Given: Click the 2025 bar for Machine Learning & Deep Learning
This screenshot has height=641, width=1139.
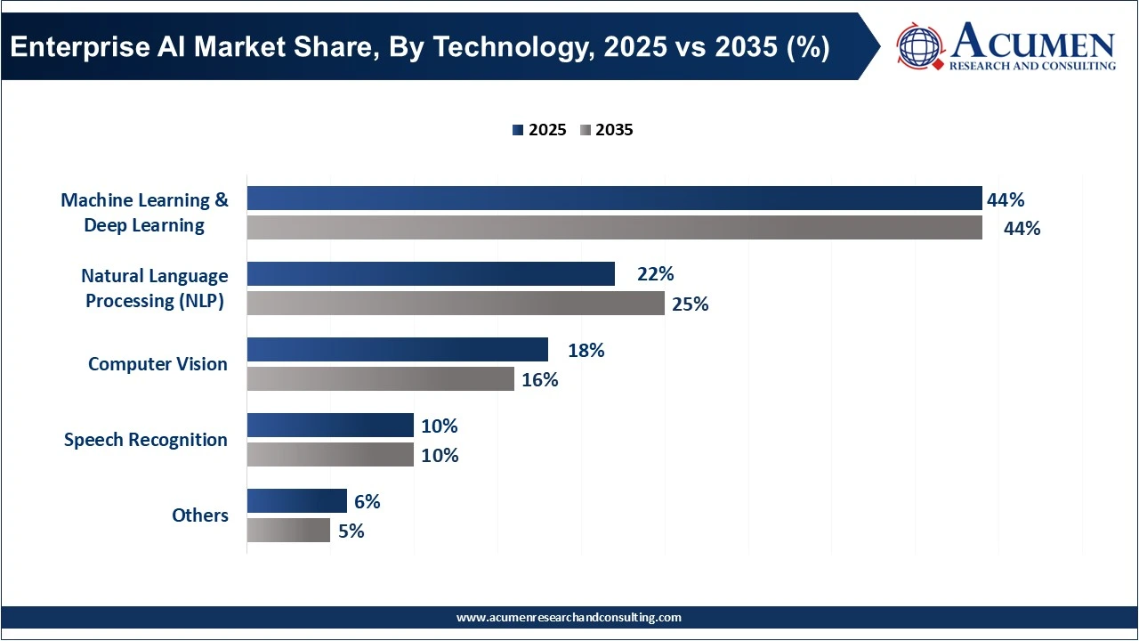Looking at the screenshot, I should [614, 199].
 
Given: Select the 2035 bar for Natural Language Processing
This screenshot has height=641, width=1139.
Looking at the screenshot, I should [456, 304].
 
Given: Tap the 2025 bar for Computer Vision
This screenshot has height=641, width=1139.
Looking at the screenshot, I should [397, 350].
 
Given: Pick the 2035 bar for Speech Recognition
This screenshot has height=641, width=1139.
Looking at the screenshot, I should [330, 455].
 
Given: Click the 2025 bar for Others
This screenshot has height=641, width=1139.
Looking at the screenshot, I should [296, 501].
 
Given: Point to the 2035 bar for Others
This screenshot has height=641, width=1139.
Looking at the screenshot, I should [288, 531].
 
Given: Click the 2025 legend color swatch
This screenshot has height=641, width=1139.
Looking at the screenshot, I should [518, 130].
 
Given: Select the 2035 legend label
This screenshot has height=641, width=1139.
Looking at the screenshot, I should [614, 130].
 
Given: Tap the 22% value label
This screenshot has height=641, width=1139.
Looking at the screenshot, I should [655, 274].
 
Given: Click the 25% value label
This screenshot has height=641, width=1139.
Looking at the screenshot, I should [690, 304].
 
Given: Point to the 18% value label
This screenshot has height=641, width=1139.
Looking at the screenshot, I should [586, 350].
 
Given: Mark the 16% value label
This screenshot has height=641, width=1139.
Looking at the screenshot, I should [539, 379].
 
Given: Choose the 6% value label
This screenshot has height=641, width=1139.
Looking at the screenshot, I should [367, 501].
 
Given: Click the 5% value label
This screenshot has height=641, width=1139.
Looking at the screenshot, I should [351, 531].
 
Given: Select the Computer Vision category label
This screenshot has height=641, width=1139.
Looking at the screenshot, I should [158, 364].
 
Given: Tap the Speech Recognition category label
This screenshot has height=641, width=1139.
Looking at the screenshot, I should [146, 440].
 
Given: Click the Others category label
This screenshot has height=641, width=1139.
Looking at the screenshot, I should [200, 515].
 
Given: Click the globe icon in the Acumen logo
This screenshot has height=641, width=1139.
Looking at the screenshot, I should [920, 47].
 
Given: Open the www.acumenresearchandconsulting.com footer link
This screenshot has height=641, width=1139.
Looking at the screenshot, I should [569, 617].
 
